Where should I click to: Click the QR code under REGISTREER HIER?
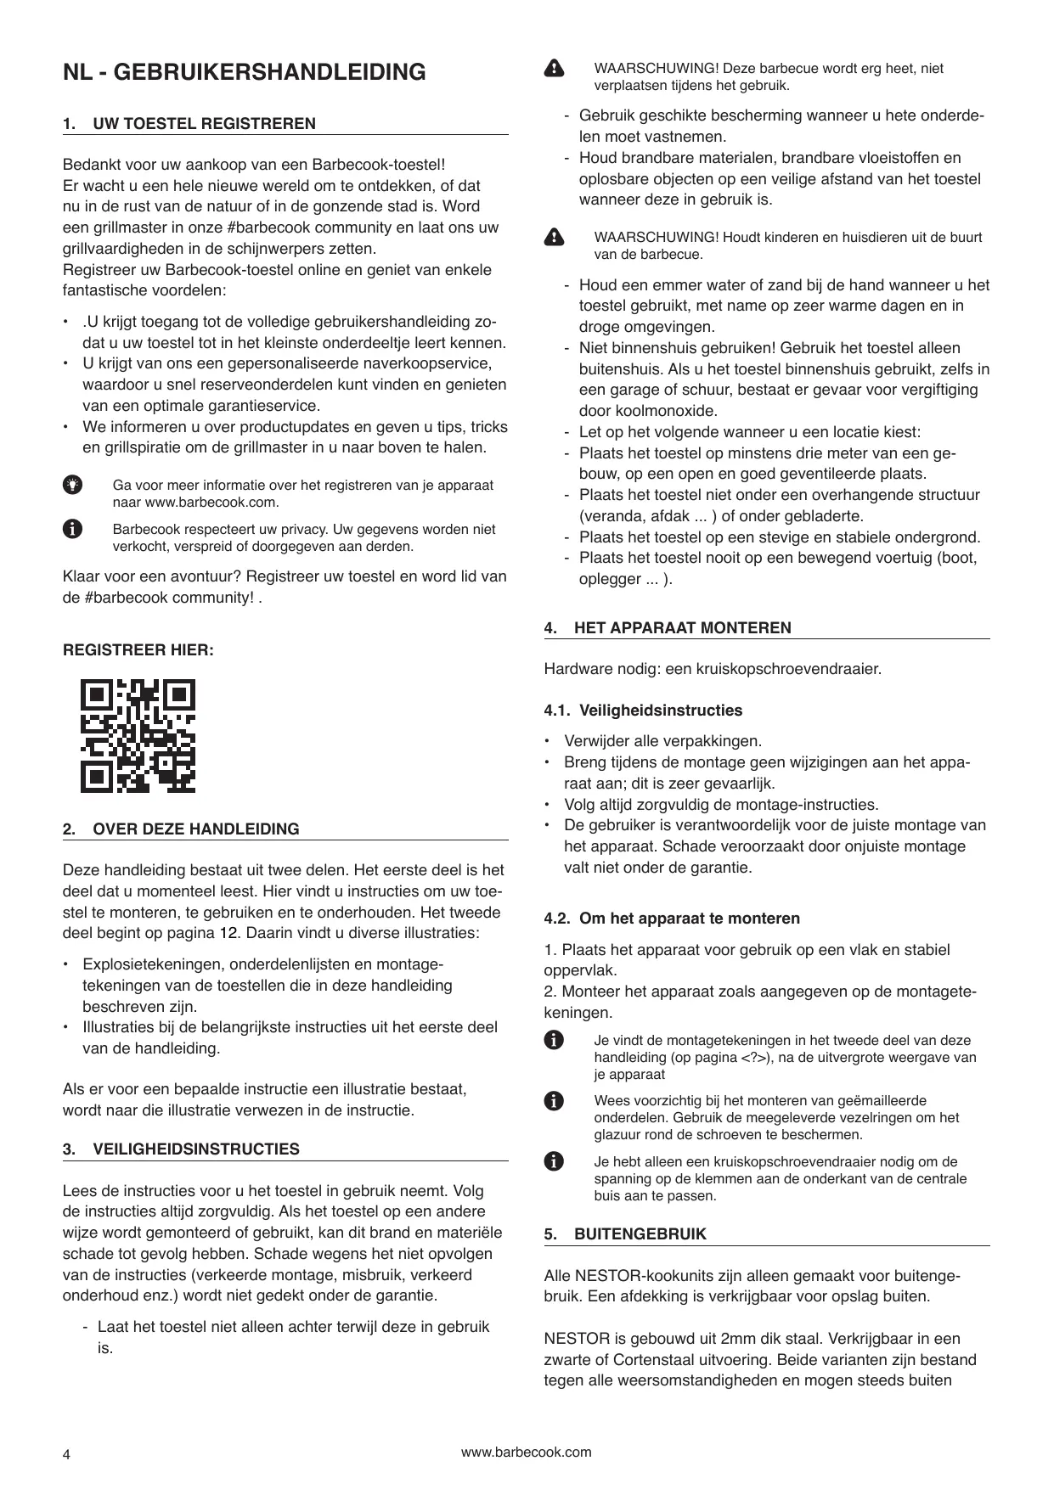click(138, 735)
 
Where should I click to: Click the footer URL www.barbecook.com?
click(526, 1452)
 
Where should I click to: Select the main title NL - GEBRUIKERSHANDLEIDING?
click(245, 72)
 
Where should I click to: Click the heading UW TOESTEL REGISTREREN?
click(204, 124)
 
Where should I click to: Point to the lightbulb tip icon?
click(73, 485)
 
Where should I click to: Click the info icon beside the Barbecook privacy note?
click(73, 529)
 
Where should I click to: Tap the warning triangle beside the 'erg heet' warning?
click(554, 69)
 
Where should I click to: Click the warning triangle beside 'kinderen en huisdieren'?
click(554, 238)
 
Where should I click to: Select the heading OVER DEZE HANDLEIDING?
click(195, 829)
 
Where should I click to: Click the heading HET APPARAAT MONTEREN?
click(682, 628)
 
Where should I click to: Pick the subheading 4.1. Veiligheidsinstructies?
click(643, 711)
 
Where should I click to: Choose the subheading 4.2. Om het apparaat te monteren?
click(672, 919)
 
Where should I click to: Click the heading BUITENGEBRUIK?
click(640, 1234)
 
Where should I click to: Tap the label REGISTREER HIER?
click(138, 650)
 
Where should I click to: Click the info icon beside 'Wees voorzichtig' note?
click(554, 1101)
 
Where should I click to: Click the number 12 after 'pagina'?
click(224, 934)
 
